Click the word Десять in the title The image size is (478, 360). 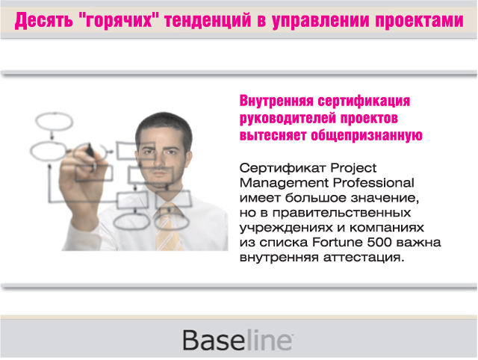pyautogui.click(x=44, y=20)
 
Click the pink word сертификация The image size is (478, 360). pyautogui.click(x=366, y=102)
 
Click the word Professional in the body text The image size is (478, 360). pyautogui.click(x=374, y=182)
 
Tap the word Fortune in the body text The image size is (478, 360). pyautogui.click(x=354, y=243)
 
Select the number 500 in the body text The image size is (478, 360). pyautogui.click(x=396, y=243)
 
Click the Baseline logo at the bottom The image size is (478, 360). pyautogui.click(x=238, y=340)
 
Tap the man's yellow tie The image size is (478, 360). pyautogui.click(x=169, y=229)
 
